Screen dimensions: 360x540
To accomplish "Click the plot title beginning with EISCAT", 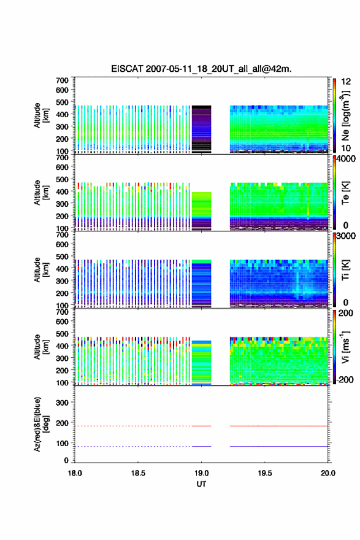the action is [x=201, y=69].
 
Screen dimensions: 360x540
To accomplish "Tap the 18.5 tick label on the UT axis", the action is [x=138, y=473].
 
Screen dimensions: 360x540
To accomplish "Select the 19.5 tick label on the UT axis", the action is [x=265, y=473].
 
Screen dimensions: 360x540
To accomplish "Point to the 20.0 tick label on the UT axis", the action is [x=328, y=473].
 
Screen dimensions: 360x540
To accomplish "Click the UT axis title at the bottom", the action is [x=201, y=484].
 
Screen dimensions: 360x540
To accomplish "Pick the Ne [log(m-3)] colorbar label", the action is [x=345, y=115].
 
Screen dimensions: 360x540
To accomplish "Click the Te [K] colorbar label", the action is [x=345, y=193].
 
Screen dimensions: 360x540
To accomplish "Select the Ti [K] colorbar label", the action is [x=345, y=270].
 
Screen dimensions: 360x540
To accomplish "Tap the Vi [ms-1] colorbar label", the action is [x=345, y=347].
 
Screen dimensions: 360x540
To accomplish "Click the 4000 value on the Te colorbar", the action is [x=347, y=159].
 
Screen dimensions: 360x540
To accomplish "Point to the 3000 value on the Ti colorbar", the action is [x=347, y=236].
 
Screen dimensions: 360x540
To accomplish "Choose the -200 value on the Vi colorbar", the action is [x=345, y=379].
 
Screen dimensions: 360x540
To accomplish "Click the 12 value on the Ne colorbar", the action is [x=346, y=82].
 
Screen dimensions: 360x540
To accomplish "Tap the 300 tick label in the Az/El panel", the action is [x=62, y=403].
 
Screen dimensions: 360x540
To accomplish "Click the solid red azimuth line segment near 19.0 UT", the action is [x=201, y=426].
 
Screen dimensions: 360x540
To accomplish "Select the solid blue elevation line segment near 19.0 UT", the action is [x=201, y=446].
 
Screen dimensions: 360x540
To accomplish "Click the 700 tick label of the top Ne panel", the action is [x=62, y=80].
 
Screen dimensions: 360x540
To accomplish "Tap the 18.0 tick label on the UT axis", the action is [x=75, y=473].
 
